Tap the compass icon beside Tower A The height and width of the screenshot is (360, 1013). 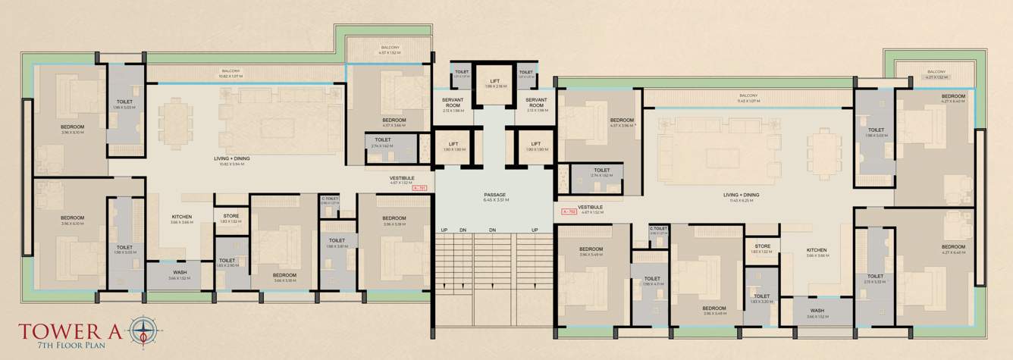tap(146, 330)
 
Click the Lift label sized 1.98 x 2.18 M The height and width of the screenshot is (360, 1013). tap(495, 83)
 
